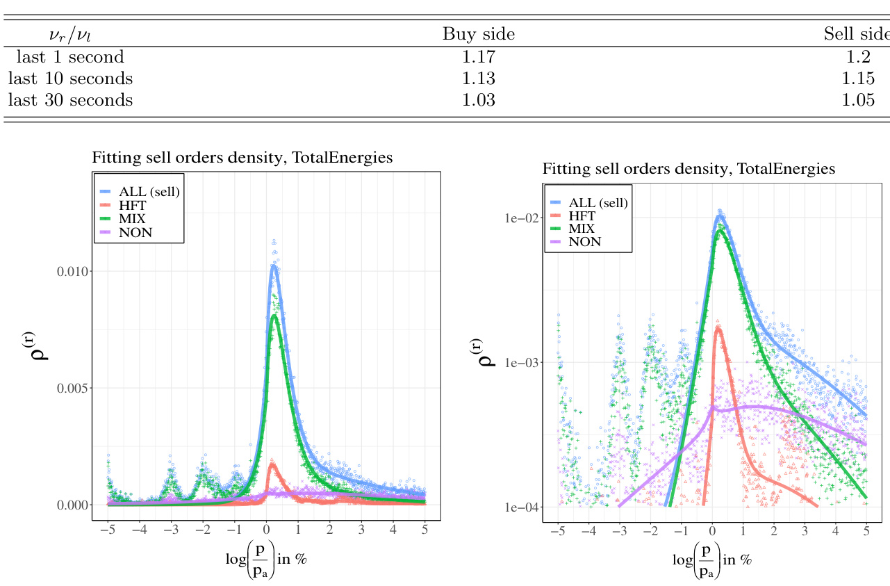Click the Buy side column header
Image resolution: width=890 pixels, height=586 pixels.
pyautogui.click(x=479, y=34)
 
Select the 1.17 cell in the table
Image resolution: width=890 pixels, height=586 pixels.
pyautogui.click(x=479, y=56)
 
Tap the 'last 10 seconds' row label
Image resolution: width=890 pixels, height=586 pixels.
pyautogui.click(x=70, y=78)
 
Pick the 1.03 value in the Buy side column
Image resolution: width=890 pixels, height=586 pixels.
pyautogui.click(x=479, y=99)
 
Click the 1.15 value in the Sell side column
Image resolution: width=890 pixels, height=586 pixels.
pyautogui.click(x=858, y=78)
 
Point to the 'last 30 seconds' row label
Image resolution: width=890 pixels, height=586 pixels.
pyautogui.click(x=70, y=99)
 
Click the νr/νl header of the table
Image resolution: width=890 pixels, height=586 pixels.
pyautogui.click(x=69, y=34)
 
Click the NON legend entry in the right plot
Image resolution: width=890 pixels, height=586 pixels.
pyautogui.click(x=584, y=242)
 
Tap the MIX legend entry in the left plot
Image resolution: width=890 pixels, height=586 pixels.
pyautogui.click(x=132, y=219)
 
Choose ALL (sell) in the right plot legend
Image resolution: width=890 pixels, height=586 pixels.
pyautogui.click(x=598, y=203)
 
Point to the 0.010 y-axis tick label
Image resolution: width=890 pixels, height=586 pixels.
pyautogui.click(x=73, y=271)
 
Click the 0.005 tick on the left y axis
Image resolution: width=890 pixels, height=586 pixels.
pyautogui.click(x=73, y=388)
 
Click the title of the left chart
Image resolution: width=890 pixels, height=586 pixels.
pyautogui.click(x=242, y=158)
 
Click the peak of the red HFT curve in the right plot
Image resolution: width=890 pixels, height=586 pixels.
pyautogui.click(x=717, y=327)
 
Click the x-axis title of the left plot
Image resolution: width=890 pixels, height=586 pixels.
pyautogui.click(x=266, y=560)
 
